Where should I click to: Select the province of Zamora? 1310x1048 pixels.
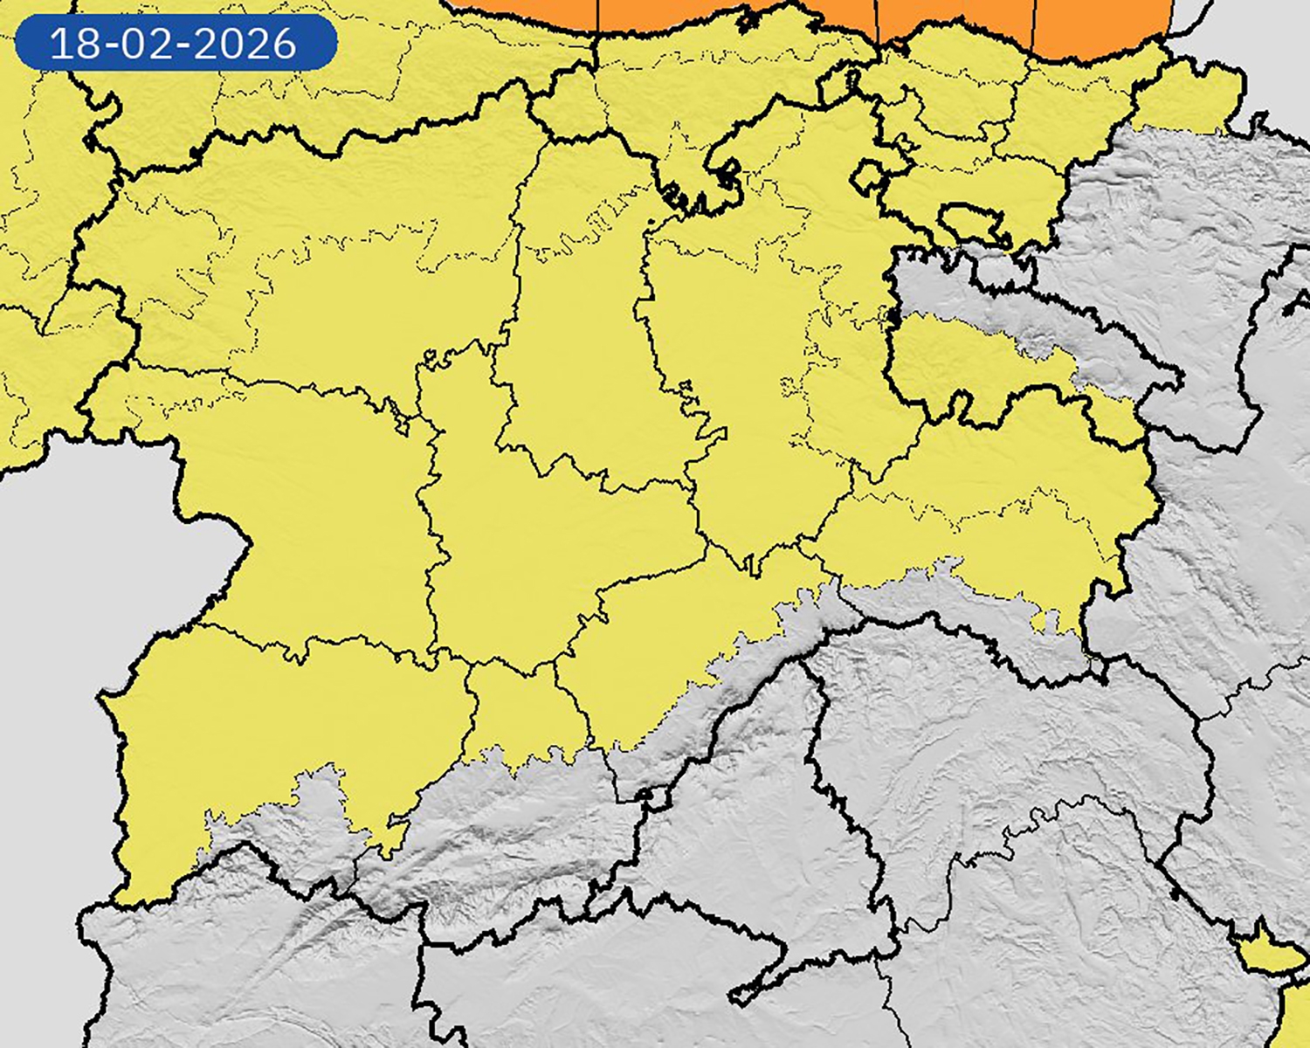(x=306, y=507)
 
